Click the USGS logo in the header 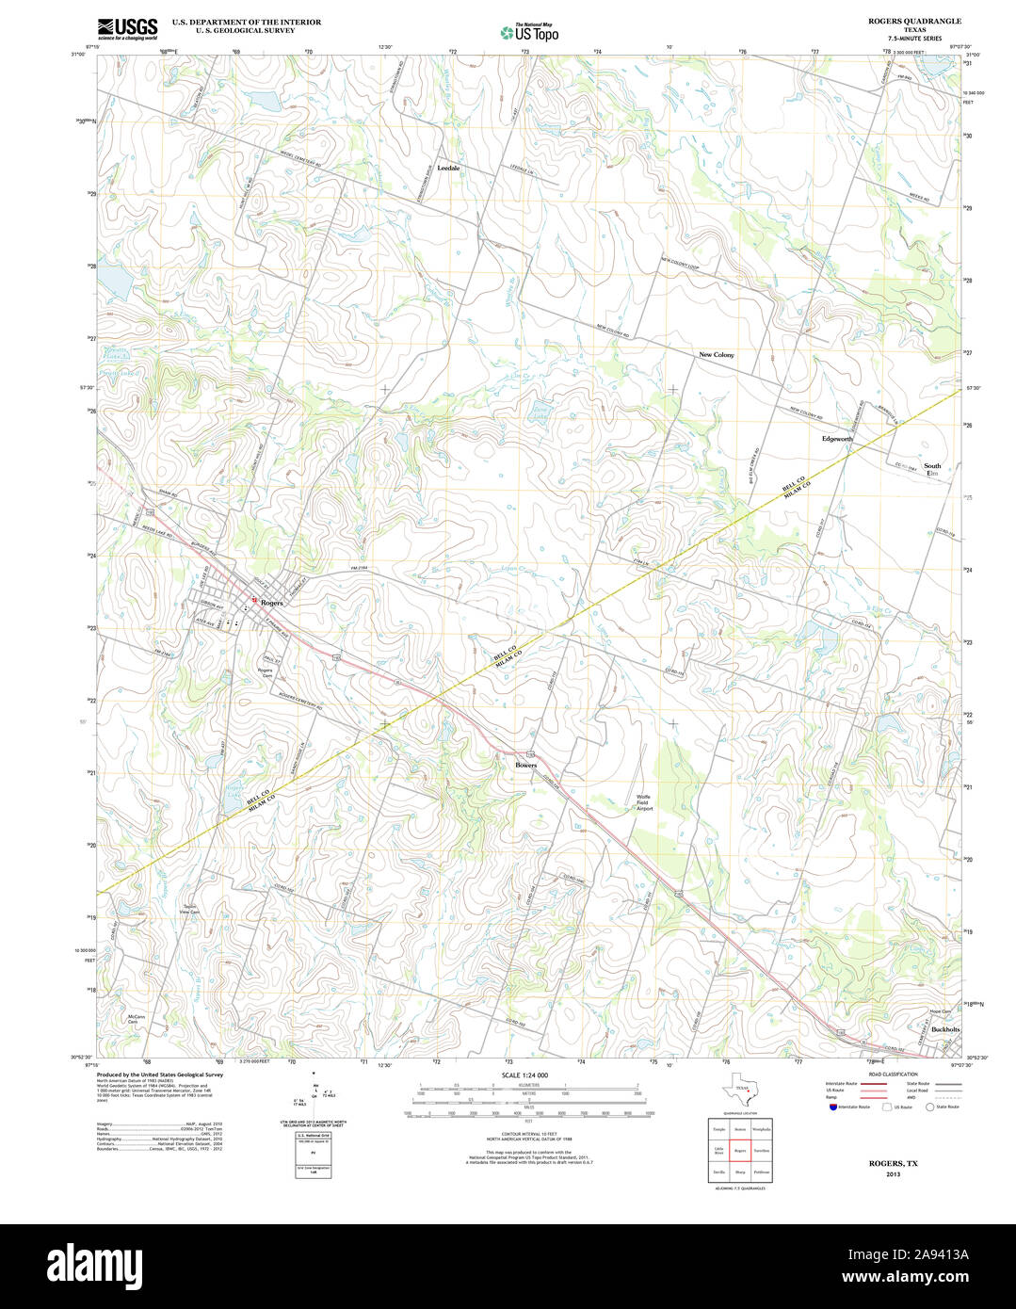click(x=127, y=29)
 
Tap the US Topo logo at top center click(x=529, y=33)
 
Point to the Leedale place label click(x=448, y=168)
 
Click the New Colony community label click(x=716, y=355)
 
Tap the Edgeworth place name click(x=837, y=439)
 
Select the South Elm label click(x=931, y=469)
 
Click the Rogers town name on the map click(x=271, y=603)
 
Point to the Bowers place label click(x=525, y=765)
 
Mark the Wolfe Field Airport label click(x=644, y=802)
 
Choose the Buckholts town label click(x=944, y=1030)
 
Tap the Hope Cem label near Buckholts click(x=913, y=1011)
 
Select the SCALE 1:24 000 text click(x=524, y=1075)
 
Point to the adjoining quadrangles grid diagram click(x=740, y=1150)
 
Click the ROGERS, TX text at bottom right click(x=893, y=1163)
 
